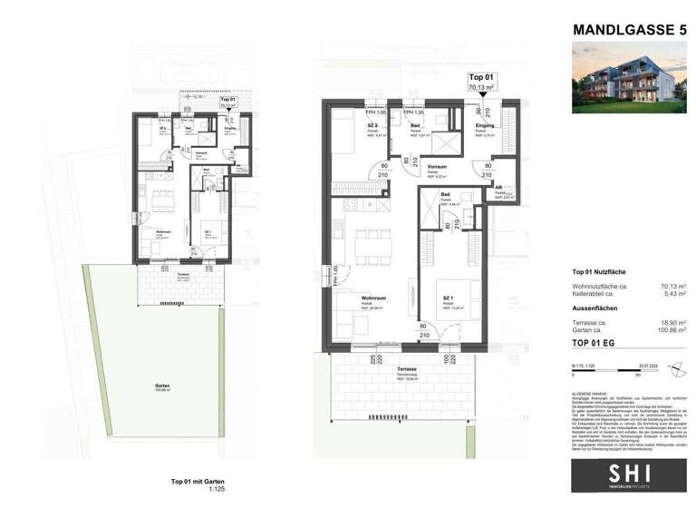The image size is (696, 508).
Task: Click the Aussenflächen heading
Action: [597, 308]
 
